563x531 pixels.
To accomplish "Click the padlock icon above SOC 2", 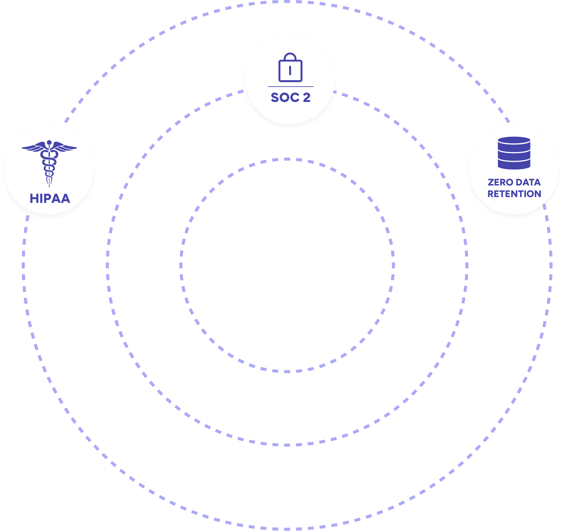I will click(x=290, y=68).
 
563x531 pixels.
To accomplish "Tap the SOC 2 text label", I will click(x=291, y=97).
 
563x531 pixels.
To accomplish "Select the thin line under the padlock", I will click(x=291, y=87).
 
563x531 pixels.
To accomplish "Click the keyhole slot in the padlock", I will click(x=290, y=71).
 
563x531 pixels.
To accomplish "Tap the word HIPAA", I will click(x=50, y=198).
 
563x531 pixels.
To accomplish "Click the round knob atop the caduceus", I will click(x=49, y=142).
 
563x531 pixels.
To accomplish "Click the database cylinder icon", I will click(x=514, y=153).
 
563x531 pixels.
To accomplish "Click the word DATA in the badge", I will click(x=528, y=182).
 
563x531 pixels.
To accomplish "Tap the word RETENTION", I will click(x=514, y=194).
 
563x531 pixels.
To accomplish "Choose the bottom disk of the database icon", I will click(x=514, y=165).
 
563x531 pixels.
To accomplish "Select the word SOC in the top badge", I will click(x=285, y=97).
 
